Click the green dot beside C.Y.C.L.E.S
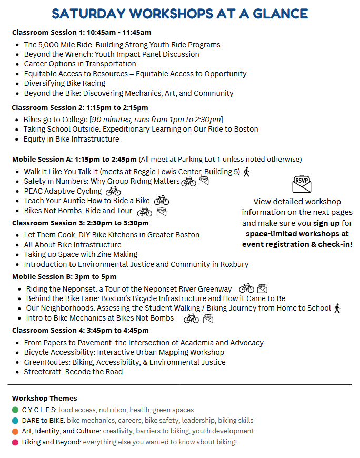[15, 410]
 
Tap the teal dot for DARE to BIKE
[15, 420]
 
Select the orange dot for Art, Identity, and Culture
[15, 431]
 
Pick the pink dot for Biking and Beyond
[15, 442]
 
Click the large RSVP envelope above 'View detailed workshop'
[302, 184]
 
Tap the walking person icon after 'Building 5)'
[247, 172]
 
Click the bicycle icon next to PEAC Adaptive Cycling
[113, 191]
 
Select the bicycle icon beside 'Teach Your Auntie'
[162, 201]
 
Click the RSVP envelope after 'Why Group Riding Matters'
[204, 182]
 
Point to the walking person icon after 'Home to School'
[337, 308]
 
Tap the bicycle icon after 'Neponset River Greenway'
[246, 288]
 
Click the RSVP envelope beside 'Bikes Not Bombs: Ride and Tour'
[162, 212]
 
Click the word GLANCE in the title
[275, 14]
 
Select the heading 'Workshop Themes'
[45, 398]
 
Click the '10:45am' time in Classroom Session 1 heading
[106, 33]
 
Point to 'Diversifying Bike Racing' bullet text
[65, 83]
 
